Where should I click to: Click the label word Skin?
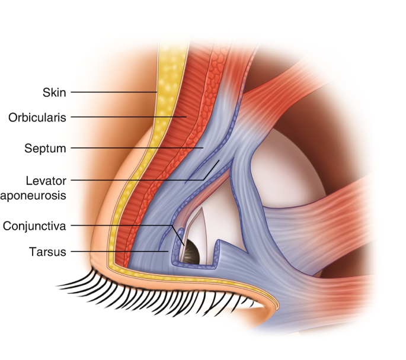[x=54, y=92]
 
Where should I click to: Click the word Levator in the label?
[x=49, y=179]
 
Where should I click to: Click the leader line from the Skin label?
[x=113, y=92]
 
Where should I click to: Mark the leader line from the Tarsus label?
[x=119, y=252]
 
